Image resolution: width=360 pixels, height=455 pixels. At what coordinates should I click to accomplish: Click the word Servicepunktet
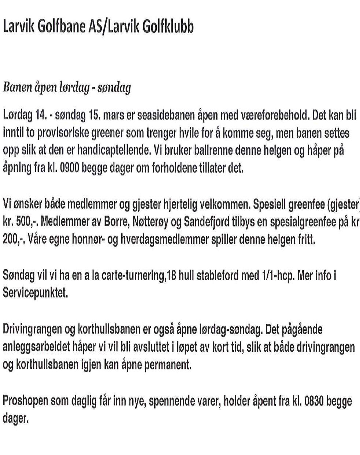[35, 293]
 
